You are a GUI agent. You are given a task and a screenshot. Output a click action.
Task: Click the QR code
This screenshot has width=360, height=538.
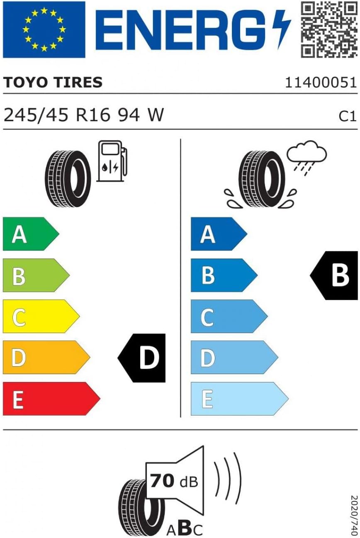pyautogui.click(x=329, y=29)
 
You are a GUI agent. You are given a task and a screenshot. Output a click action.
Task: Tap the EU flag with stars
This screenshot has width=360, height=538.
pyautogui.click(x=44, y=29)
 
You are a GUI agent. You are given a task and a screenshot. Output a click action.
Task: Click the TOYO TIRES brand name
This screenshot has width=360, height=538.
pyautogui.click(x=53, y=82)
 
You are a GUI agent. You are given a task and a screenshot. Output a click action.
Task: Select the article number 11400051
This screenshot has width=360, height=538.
pyautogui.click(x=321, y=83)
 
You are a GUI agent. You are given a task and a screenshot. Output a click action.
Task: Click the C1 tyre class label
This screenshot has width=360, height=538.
pyautogui.click(x=348, y=117)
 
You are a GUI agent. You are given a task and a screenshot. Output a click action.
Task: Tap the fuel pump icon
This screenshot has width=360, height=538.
pyautogui.click(x=112, y=161)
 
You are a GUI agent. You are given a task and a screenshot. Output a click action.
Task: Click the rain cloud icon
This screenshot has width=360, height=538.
pyautogui.click(x=307, y=158)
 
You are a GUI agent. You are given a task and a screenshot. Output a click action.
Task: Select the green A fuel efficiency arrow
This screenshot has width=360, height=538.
pyautogui.click(x=31, y=234)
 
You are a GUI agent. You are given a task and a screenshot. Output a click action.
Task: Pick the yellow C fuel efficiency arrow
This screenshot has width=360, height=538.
pyautogui.click(x=41, y=316)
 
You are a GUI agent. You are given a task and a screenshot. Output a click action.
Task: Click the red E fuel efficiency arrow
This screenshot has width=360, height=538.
pyautogui.click(x=51, y=399)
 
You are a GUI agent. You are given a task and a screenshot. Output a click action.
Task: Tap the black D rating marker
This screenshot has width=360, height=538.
pyautogui.click(x=142, y=358)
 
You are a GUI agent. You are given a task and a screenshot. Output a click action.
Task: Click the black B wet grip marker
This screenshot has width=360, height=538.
pyautogui.click(x=334, y=275)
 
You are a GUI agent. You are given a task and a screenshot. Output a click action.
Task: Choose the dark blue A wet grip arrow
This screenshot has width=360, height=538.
pyautogui.click(x=219, y=234)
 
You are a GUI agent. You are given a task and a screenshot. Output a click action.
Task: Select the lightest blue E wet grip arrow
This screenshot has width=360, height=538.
pyautogui.click(x=239, y=399)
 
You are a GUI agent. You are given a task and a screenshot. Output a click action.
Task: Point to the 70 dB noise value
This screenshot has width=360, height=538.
pyautogui.click(x=174, y=482)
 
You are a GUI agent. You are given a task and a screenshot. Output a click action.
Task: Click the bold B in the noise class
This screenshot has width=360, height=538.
pyautogui.click(x=185, y=528)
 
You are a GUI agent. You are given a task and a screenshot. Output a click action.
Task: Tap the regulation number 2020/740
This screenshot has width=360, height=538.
pyautogui.click(x=354, y=515)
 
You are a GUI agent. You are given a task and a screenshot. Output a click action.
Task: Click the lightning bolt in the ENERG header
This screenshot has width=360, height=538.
pyautogui.click(x=282, y=29)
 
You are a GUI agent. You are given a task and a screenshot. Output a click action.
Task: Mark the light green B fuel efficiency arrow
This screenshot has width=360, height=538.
pyautogui.click(x=36, y=275)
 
